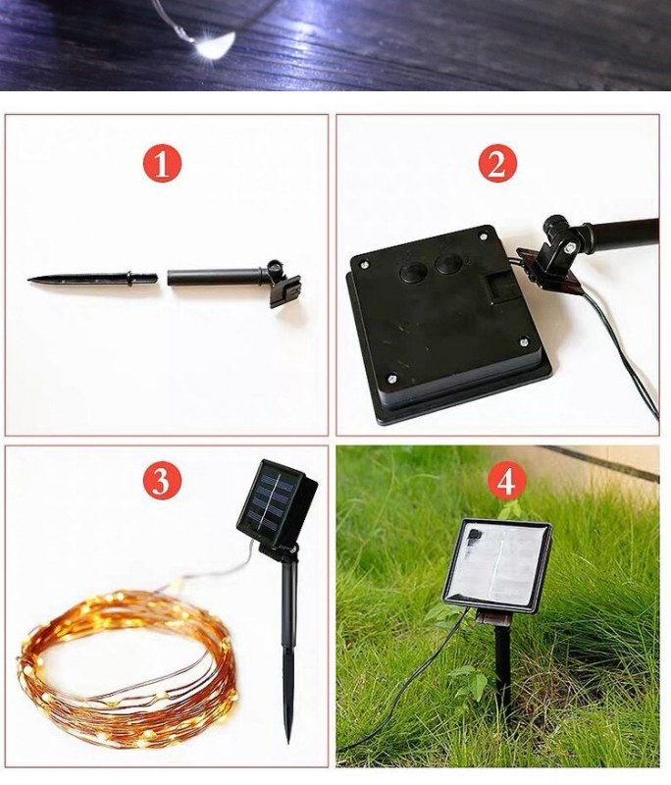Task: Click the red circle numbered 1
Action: click(162, 165)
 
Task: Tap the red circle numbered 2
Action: click(496, 164)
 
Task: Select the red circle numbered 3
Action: click(162, 482)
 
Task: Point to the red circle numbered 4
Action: click(506, 482)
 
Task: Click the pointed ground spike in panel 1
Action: click(92, 280)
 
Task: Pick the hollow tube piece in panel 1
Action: click(216, 277)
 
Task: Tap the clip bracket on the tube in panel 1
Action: click(284, 284)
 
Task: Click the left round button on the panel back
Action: click(413, 272)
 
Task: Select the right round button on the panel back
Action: click(449, 264)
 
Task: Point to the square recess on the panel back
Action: click(499, 290)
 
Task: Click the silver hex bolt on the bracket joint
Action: click(569, 247)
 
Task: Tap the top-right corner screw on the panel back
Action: click(483, 235)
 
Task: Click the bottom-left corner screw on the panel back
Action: click(392, 379)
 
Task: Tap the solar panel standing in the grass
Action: click(496, 565)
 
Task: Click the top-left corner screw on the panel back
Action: click(365, 264)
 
